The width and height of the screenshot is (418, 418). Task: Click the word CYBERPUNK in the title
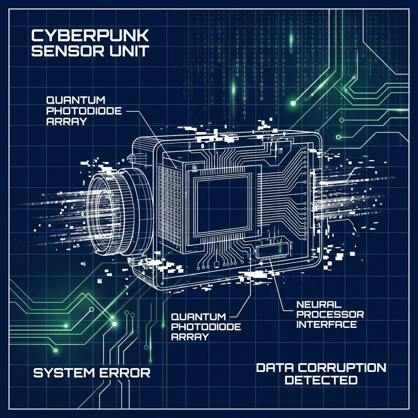[x=90, y=36]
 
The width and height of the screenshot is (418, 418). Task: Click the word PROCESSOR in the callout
[x=329, y=314]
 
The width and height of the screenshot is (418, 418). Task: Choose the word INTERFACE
[x=327, y=325]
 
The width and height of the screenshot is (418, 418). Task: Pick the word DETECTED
[x=321, y=380]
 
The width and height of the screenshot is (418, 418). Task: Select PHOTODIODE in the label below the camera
[x=206, y=327]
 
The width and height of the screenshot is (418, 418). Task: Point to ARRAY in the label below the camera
[x=190, y=337]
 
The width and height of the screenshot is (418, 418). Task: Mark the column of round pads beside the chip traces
[x=304, y=184]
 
